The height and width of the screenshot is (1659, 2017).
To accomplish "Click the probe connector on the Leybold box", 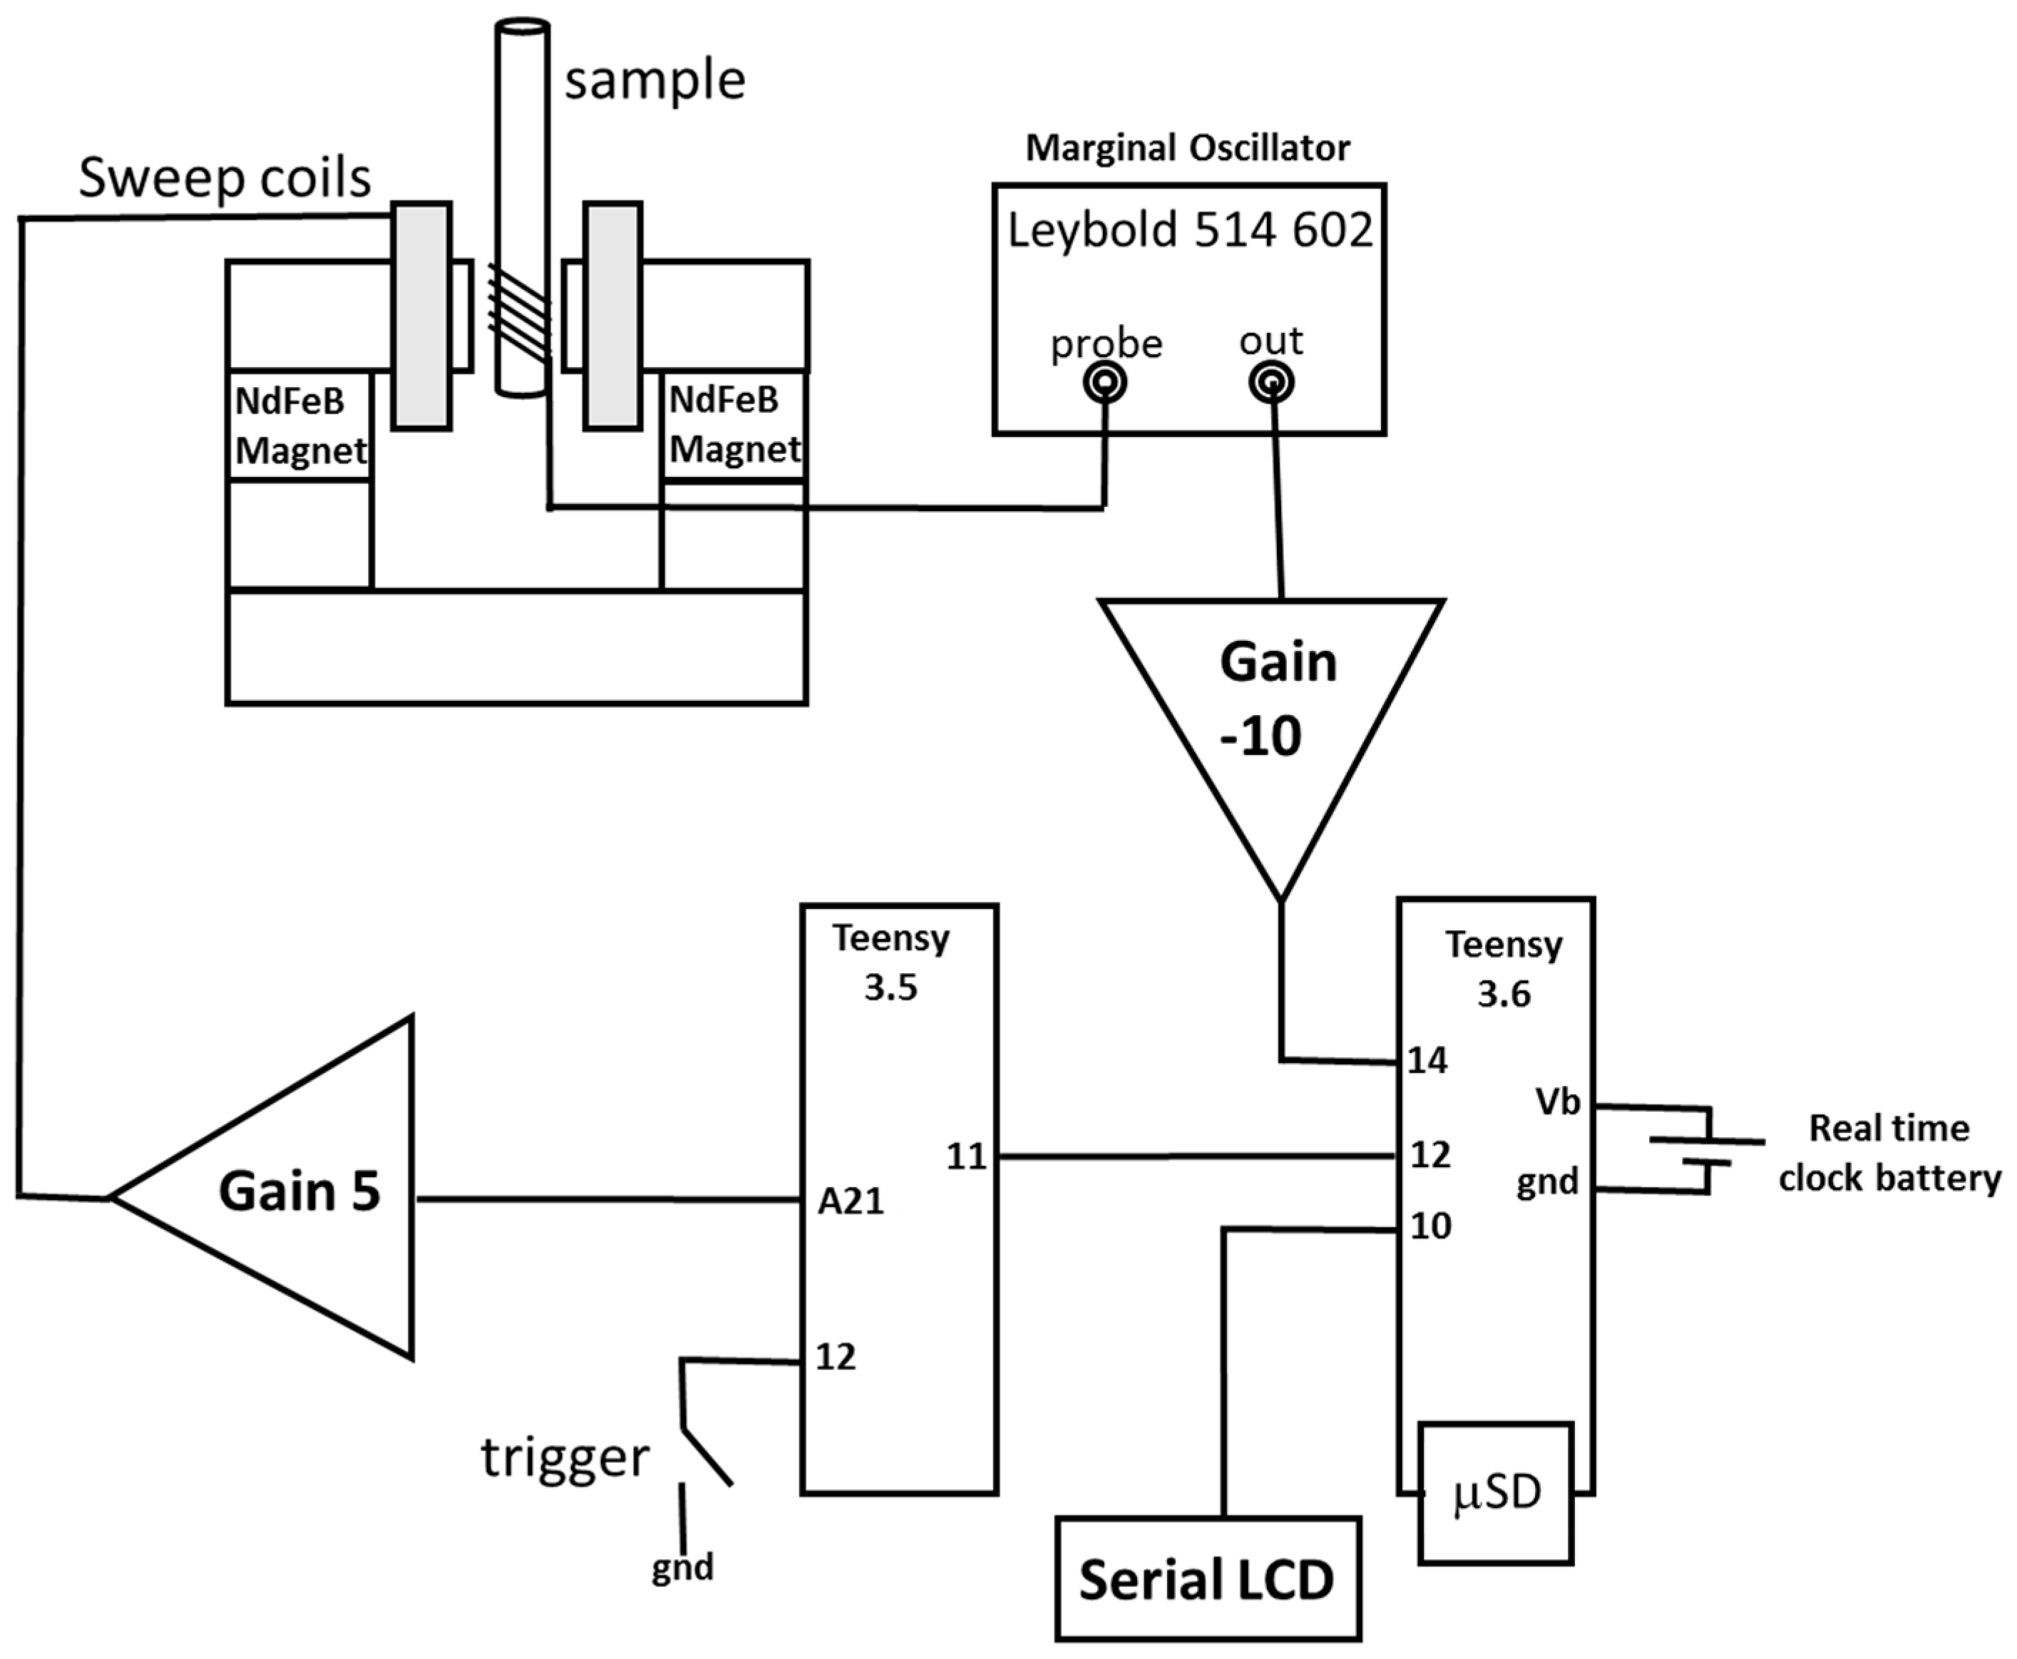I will [x=1104, y=384].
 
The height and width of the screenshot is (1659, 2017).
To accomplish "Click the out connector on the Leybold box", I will [x=1271, y=384].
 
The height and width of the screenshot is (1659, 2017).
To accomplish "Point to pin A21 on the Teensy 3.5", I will [x=851, y=1201].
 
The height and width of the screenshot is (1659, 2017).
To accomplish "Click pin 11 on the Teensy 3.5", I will [x=965, y=1156].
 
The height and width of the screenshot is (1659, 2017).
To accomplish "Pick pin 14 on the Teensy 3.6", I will [x=1427, y=1061].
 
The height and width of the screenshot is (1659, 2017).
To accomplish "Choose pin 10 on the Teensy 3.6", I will [x=1430, y=1226].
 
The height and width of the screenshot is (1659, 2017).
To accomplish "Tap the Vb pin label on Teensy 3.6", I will [x=1557, y=1103].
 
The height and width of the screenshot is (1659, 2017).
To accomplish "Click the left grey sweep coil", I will [x=421, y=315].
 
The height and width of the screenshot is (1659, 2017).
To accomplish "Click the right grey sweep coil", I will [x=612, y=315].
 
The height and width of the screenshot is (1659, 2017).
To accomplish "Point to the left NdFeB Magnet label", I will [x=300, y=425].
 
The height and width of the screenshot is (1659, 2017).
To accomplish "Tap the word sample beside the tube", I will [x=655, y=81].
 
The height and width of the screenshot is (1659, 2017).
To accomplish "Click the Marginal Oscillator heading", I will [x=1188, y=148].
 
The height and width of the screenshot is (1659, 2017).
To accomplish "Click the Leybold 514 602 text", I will [x=1189, y=230].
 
